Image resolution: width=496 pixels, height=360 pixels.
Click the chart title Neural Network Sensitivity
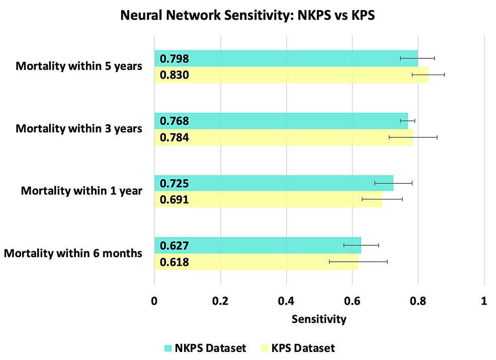(x=248, y=16)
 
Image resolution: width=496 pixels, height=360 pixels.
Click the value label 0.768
(x=174, y=121)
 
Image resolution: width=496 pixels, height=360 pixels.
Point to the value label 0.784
(x=174, y=137)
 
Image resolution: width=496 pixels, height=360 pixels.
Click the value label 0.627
(x=174, y=246)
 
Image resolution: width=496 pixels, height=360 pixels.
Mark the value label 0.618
(x=174, y=262)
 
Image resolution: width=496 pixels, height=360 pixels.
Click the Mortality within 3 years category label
(x=79, y=128)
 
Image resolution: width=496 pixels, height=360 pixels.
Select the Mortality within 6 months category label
(x=73, y=253)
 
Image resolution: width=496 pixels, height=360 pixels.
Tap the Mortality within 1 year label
(x=81, y=191)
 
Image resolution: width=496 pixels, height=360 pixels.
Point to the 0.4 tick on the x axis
(x=286, y=301)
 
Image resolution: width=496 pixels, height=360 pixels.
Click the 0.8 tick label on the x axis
(x=418, y=301)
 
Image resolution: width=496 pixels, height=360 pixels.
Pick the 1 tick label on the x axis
(x=484, y=301)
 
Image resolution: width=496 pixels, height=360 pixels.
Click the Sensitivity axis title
(x=319, y=319)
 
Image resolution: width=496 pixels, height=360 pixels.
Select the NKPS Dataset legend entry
(x=205, y=348)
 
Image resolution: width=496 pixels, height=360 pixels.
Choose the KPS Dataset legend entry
(x=298, y=348)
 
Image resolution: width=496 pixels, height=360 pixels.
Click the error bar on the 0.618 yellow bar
(x=358, y=262)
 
